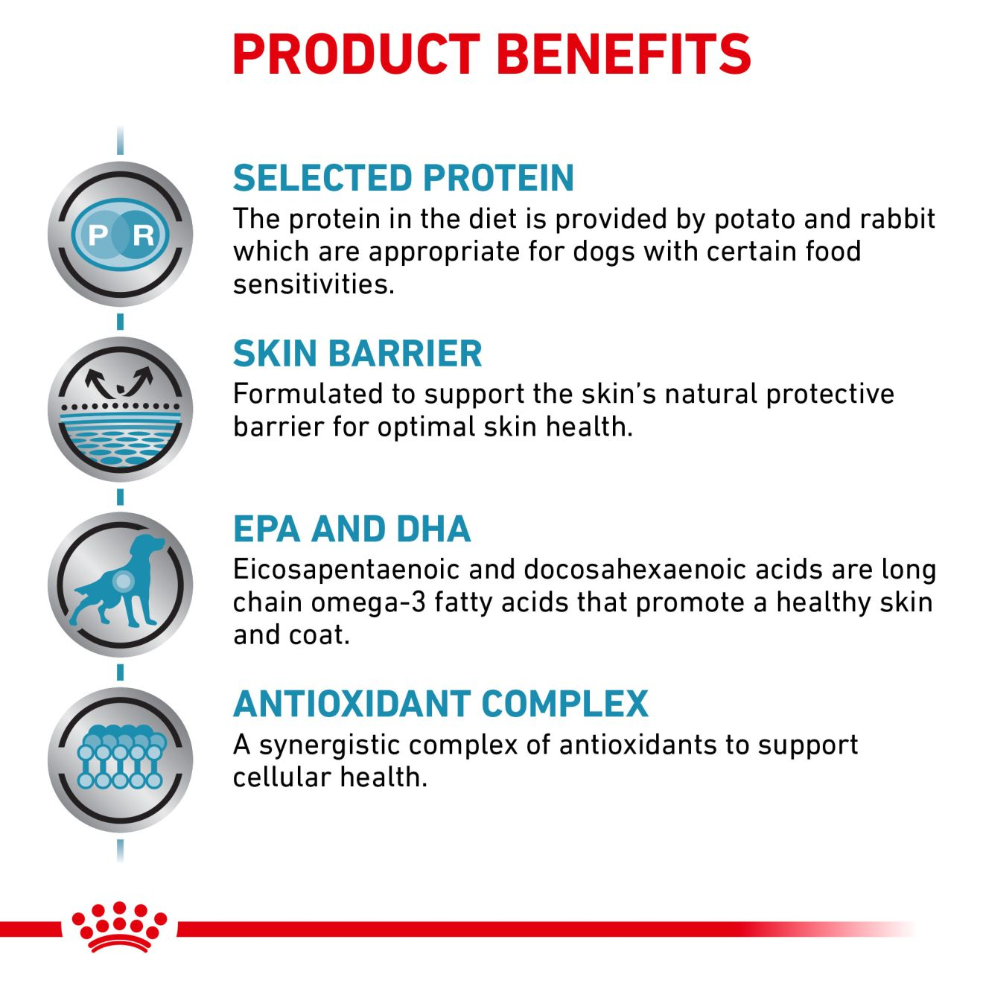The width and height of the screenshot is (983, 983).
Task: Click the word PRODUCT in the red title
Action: point(356,54)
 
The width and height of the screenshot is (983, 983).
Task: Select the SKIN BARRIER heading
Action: point(357,353)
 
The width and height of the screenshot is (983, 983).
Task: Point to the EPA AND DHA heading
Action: point(351,529)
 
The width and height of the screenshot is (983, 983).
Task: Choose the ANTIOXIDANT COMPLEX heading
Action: point(440,704)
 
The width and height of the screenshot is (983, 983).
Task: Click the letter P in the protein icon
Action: point(98,235)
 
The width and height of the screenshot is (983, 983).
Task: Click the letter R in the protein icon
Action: point(143,235)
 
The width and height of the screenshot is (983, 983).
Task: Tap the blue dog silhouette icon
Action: point(120,580)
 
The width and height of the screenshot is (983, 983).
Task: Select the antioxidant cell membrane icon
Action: point(121,757)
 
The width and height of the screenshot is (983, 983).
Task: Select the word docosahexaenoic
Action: point(635,570)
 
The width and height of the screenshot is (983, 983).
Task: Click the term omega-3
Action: point(368,602)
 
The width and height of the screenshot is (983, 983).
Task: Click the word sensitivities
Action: point(314,284)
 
